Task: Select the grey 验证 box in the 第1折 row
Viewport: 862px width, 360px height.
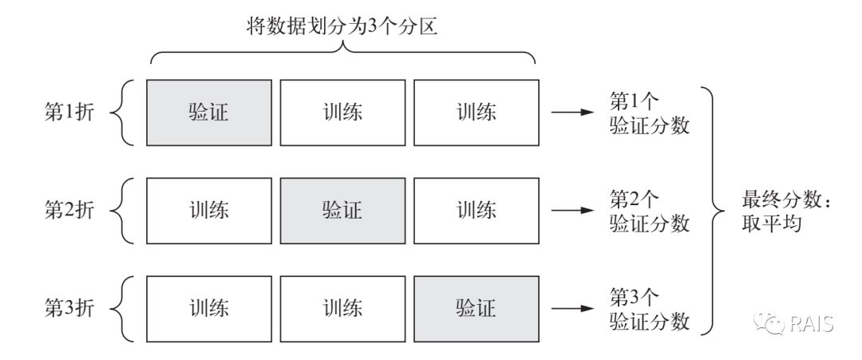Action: pos(209,112)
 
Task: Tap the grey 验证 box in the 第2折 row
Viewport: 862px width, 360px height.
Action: pos(342,211)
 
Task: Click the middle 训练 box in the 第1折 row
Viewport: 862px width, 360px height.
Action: pos(342,112)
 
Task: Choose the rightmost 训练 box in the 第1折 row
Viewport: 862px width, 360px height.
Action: pos(476,112)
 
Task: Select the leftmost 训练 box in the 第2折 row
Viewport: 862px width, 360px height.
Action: pos(209,211)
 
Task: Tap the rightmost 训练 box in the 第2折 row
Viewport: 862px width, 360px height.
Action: pos(476,211)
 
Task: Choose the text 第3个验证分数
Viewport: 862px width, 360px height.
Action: pos(649,309)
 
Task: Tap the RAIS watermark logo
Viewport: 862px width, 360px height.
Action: pos(794,323)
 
